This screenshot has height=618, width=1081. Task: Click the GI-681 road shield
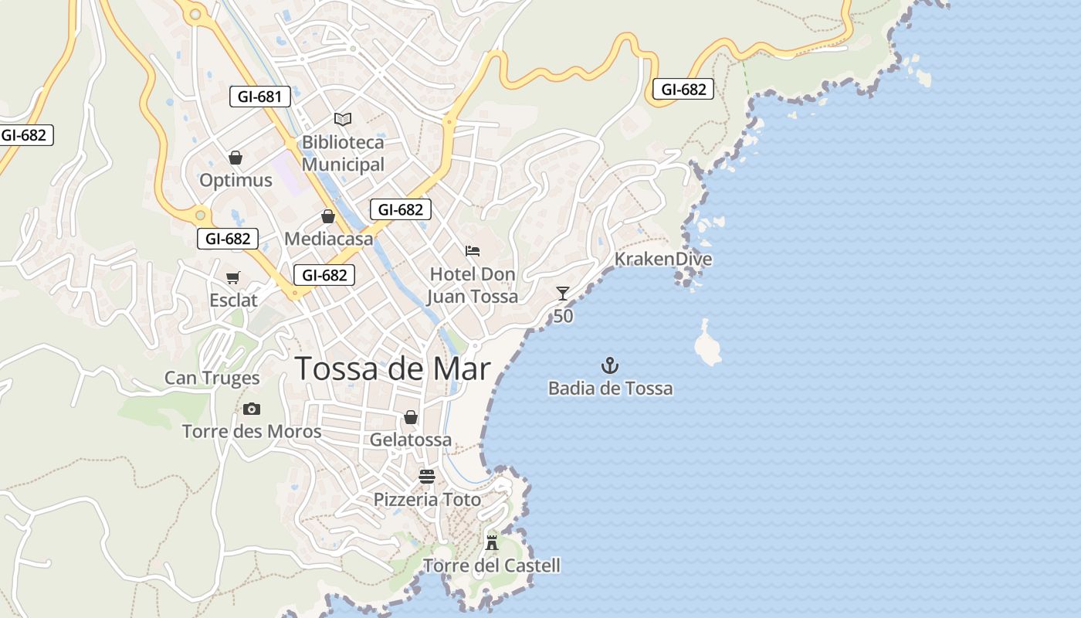(260, 97)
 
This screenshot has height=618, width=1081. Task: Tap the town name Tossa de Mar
(392, 368)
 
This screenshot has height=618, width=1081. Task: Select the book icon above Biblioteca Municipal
(343, 119)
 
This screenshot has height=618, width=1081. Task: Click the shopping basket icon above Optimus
(236, 158)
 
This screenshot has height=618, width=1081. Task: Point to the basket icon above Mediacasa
(328, 216)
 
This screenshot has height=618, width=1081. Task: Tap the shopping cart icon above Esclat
(232, 277)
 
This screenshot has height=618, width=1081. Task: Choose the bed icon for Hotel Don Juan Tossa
(473, 251)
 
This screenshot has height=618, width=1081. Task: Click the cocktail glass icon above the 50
(563, 293)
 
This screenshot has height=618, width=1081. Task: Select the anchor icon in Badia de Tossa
(611, 365)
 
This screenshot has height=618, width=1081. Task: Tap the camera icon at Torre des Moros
(251, 409)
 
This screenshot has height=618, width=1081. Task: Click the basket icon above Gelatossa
(411, 417)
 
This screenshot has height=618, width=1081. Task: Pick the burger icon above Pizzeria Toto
(427, 477)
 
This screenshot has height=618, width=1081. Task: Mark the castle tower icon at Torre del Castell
(491, 542)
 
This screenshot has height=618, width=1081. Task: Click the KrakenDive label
(662, 259)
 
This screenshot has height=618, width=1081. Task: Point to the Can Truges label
(212, 379)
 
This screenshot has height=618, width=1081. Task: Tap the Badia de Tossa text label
(610, 388)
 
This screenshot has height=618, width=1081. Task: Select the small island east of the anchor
(707, 345)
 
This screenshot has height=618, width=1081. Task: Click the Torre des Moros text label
(252, 431)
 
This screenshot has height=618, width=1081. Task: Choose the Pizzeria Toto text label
(427, 500)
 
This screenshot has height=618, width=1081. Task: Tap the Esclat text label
(233, 300)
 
